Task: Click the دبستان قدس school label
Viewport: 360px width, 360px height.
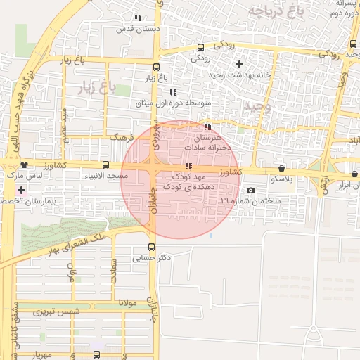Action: (x=139, y=29)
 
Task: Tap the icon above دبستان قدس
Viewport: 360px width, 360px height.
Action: (x=139, y=18)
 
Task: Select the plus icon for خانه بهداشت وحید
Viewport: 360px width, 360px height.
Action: (x=239, y=64)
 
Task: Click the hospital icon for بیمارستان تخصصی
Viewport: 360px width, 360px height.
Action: (x=21, y=190)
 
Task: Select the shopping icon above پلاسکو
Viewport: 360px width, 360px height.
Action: (x=281, y=169)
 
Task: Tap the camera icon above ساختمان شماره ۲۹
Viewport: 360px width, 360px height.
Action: (x=250, y=191)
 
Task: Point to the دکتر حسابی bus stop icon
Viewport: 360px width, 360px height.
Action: (x=152, y=247)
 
